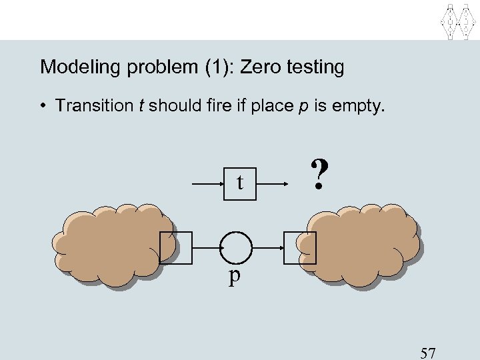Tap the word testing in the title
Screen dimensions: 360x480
tap(316, 67)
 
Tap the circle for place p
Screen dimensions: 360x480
tap(237, 247)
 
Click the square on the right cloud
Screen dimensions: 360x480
tap(300, 247)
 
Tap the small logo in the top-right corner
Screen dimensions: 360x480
tap(459, 21)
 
